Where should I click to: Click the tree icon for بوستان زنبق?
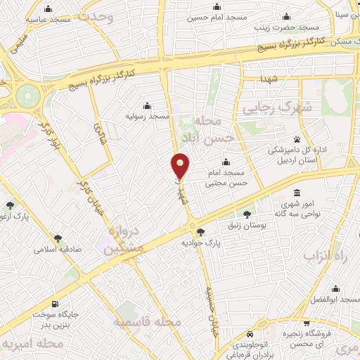point(246,214)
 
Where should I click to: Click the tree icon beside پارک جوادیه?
point(201,231)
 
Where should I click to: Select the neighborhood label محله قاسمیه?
point(148,321)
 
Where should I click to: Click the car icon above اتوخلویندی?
point(250,335)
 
